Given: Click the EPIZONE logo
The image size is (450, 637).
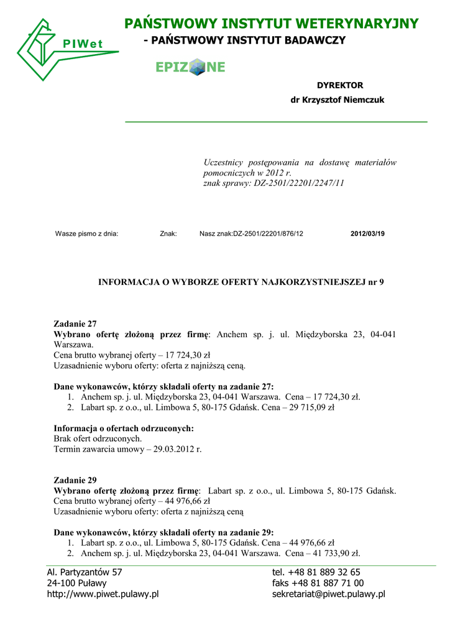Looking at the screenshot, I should click(190, 67).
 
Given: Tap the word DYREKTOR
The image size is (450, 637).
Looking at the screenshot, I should click(340, 85).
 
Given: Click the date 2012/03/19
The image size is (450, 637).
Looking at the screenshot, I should click(367, 234).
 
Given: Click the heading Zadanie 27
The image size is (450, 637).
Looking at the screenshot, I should click(75, 324).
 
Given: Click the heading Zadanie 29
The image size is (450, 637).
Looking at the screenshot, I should click(75, 480).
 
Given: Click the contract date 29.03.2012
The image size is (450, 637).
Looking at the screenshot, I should click(177, 449).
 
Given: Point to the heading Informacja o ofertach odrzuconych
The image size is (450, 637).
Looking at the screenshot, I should click(124, 428).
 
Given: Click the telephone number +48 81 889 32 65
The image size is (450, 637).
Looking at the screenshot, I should click(324, 572).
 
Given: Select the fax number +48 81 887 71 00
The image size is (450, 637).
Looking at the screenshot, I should click(328, 583).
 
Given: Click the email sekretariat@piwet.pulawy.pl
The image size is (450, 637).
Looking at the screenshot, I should click(328, 594).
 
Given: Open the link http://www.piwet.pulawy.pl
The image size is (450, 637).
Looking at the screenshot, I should click(103, 594).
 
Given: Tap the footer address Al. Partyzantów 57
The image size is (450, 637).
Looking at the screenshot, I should click(85, 572).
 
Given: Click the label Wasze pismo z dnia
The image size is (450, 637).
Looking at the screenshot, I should click(86, 234).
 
